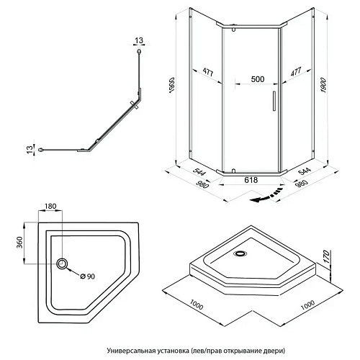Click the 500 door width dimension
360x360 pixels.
(x=258, y=79)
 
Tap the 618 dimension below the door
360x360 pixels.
(x=251, y=180)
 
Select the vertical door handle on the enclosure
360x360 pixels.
(x=274, y=101)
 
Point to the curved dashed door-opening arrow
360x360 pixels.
(x=266, y=196)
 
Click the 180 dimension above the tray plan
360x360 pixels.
(x=50, y=206)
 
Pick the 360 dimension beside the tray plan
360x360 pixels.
(x=19, y=243)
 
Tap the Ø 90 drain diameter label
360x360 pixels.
(x=88, y=276)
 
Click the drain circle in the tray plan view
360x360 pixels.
(x=62, y=264)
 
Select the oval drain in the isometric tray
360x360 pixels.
(x=240, y=253)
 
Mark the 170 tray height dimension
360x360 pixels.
(x=326, y=257)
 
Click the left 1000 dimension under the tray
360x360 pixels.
(x=197, y=305)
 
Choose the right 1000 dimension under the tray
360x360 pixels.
(x=307, y=305)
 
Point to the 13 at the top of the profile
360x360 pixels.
(x=139, y=40)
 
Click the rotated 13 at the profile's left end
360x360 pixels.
(x=30, y=150)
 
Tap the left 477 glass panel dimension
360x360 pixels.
(x=208, y=72)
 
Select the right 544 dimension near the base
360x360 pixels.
(x=305, y=171)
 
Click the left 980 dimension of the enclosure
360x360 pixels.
(x=203, y=184)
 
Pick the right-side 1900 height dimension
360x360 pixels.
(x=323, y=86)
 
